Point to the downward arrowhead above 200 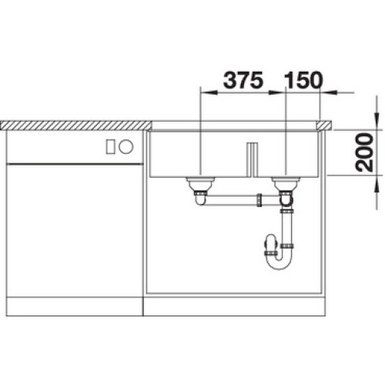point(377,123)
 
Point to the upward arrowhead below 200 point(377,182)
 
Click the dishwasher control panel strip point(73,146)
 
